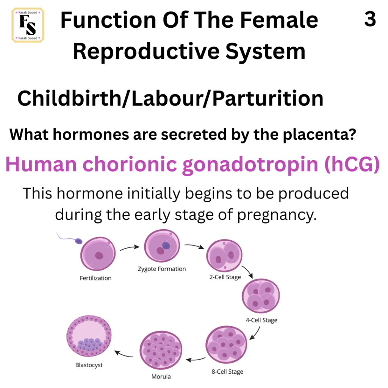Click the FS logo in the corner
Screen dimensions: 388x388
click(x=28, y=25)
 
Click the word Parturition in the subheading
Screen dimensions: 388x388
click(x=268, y=99)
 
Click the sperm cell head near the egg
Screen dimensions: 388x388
click(x=79, y=241)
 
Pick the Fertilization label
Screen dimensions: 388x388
click(x=95, y=278)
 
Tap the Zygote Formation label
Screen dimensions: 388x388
click(x=162, y=269)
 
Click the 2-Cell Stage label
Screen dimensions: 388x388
click(x=225, y=277)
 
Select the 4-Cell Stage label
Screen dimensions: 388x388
click(x=261, y=320)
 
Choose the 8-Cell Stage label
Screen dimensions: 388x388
click(x=227, y=372)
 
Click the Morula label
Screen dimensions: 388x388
click(x=161, y=377)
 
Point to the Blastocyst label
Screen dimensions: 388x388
click(x=89, y=365)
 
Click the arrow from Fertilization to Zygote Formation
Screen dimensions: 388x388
click(x=130, y=247)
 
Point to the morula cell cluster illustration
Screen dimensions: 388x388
click(x=161, y=350)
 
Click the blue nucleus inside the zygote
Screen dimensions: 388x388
click(x=166, y=246)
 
